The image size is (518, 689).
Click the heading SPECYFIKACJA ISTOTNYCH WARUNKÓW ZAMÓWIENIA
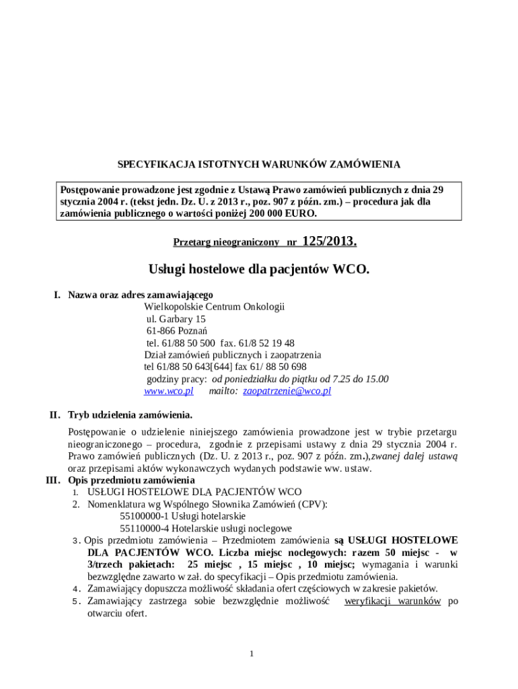coord(259,164)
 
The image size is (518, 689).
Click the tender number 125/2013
coord(330,241)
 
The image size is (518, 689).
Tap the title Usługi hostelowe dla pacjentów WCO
coord(259,270)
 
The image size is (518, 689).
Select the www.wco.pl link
coord(169,390)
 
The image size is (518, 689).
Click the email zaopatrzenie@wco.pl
coord(287,390)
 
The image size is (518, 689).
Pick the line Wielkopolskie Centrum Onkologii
coord(215,307)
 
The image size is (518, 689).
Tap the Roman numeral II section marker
coord(55,414)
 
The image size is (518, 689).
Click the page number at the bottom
coord(251,654)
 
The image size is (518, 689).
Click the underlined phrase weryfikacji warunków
coord(392,601)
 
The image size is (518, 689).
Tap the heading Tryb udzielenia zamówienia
coord(131,414)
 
